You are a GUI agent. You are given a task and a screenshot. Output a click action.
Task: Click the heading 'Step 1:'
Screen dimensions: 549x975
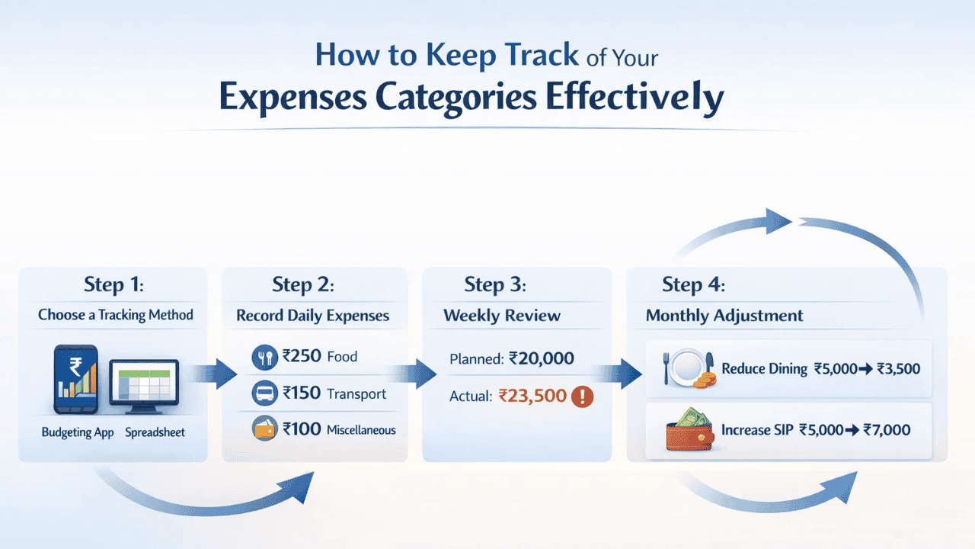[113, 285]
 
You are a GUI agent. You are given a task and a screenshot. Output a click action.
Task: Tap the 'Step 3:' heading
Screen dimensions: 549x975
[495, 285]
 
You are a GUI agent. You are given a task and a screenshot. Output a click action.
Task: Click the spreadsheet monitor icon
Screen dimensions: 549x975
[144, 383]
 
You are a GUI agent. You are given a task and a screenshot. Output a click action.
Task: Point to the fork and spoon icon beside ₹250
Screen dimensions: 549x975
[264, 357]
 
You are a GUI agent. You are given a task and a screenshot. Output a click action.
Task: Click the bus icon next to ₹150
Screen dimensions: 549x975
[264, 393]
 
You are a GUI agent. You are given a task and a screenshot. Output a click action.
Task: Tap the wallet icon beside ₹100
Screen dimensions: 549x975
[264, 429]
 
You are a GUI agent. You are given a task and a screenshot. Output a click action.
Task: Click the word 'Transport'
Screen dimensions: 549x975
[356, 394]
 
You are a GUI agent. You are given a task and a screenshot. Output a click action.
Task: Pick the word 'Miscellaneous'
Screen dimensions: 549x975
[361, 430]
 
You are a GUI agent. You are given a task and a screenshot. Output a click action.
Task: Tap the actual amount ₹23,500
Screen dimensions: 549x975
[532, 396]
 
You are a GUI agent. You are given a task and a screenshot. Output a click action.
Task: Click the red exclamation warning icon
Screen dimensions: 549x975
[582, 396]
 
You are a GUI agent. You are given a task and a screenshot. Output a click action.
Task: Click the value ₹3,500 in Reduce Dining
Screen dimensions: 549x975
[898, 369]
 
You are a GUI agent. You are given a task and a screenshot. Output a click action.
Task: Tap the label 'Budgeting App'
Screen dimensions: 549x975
[77, 432]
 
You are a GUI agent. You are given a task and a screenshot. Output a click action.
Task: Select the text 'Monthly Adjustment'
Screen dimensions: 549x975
[724, 316]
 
